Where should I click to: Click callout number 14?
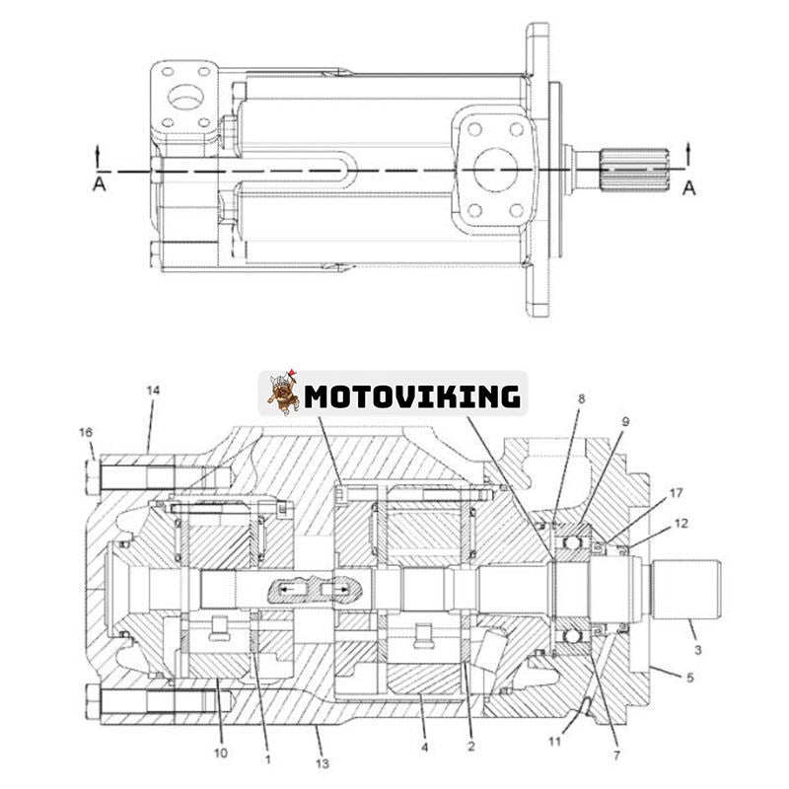click(151, 392)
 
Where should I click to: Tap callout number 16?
click(86, 432)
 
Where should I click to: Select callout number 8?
click(582, 399)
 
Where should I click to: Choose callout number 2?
click(471, 748)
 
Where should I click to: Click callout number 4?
click(424, 748)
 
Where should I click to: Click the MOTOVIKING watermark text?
click(412, 396)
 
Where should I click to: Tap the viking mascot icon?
click(283, 393)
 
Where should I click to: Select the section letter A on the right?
click(688, 186)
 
